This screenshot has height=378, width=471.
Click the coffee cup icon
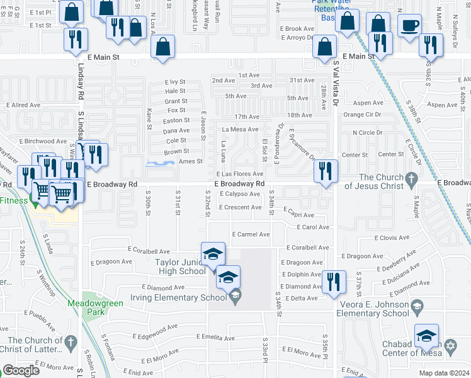pos(409,26)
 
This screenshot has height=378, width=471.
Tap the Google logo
pos(21,370)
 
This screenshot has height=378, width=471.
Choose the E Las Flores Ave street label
pos(239,174)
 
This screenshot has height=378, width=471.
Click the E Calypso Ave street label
pos(240,194)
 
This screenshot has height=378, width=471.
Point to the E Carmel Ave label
pos(251,234)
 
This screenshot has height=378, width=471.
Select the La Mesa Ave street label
pos(240,129)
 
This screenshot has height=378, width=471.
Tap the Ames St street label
pos(190,161)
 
